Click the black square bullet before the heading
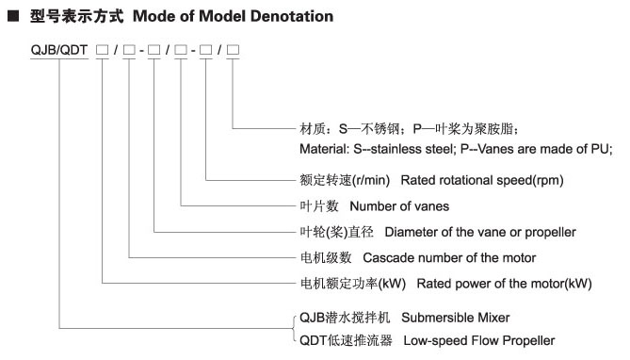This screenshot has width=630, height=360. pyautogui.click(x=15, y=17)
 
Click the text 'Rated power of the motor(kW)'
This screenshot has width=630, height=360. pyautogui.click(x=504, y=282)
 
